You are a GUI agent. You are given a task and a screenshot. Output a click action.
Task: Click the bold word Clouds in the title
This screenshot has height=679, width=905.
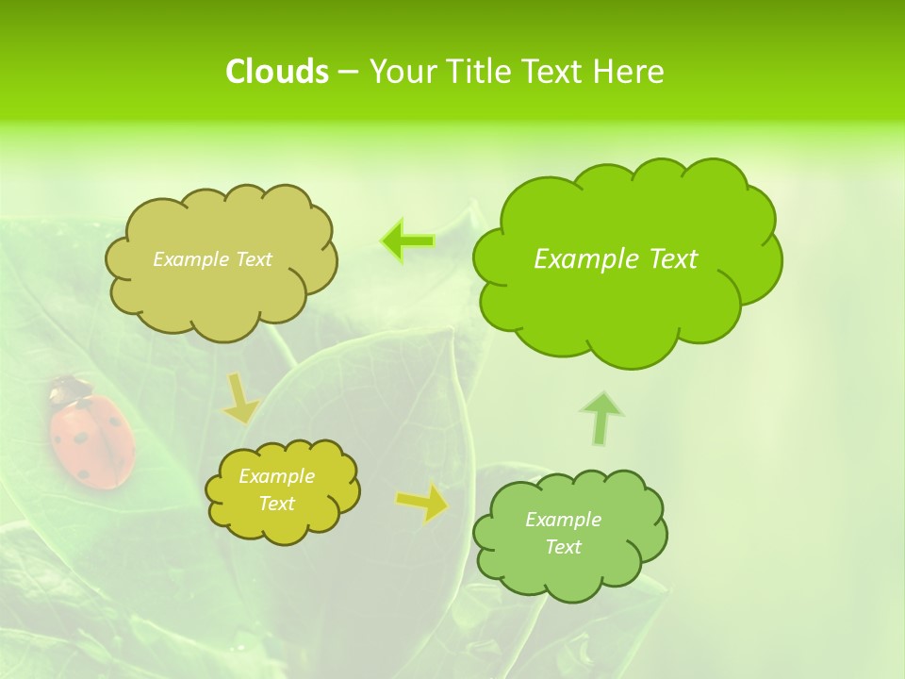[x=277, y=72]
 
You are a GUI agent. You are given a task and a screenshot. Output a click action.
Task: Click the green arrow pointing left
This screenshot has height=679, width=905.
[x=407, y=241]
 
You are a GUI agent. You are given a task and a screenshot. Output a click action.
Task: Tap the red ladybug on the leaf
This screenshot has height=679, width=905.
[x=92, y=441]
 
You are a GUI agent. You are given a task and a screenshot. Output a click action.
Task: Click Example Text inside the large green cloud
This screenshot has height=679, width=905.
[x=616, y=259]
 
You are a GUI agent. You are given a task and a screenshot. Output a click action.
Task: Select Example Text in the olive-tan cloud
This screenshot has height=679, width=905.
[x=212, y=259]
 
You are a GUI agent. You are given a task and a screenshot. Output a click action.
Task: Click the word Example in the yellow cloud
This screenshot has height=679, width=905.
[x=276, y=476]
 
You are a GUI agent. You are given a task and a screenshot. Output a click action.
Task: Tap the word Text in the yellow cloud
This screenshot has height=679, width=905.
[x=276, y=504]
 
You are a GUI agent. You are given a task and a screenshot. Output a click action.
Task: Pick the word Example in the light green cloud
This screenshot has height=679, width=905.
[x=563, y=520]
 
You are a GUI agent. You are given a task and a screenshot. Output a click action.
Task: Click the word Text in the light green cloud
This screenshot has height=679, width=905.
[x=563, y=547]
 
